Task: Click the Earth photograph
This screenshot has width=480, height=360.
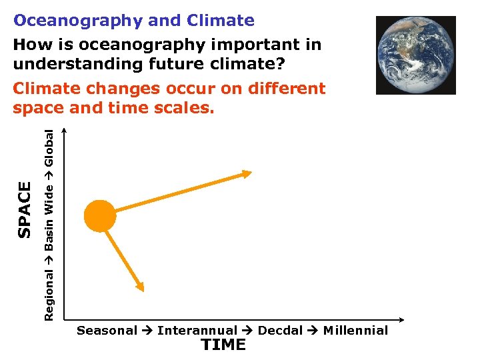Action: coord(415,55)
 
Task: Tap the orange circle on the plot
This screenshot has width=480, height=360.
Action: coord(100,216)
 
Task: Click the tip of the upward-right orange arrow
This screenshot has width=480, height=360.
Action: coord(250,173)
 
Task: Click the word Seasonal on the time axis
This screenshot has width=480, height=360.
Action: coord(107,331)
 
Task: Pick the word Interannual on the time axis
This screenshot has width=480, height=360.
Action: coord(197,331)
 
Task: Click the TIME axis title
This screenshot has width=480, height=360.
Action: coord(223,345)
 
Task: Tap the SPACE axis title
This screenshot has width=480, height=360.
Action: coord(25,209)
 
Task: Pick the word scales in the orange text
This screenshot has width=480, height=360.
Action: coord(182,107)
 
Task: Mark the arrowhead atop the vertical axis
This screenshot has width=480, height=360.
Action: coord(65,131)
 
